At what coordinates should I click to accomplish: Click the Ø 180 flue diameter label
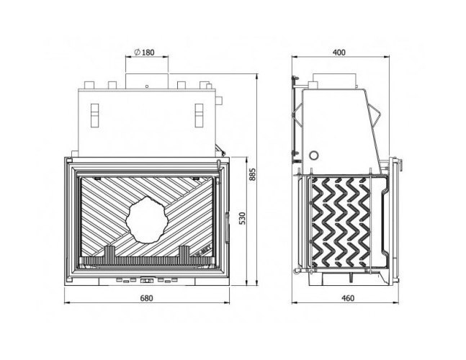[145, 53]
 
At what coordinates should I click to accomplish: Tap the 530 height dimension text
[243, 218]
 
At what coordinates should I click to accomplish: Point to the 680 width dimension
[146, 298]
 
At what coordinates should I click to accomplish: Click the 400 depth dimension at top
[339, 53]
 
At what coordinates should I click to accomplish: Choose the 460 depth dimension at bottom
[348, 298]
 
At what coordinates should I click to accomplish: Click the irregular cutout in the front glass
[147, 220]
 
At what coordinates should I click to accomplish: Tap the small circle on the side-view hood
[314, 155]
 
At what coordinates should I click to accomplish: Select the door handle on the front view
[228, 228]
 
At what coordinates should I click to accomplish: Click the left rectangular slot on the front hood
[94, 115]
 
